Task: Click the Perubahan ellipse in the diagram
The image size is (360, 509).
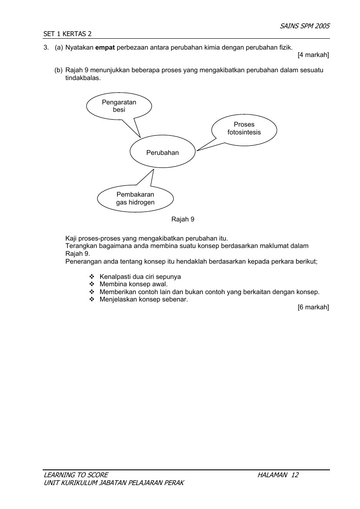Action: [x=162, y=153]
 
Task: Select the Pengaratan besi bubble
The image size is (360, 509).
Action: [x=119, y=106]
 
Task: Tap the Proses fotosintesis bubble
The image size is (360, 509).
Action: [x=244, y=128]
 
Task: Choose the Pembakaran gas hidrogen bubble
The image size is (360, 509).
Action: [x=135, y=198]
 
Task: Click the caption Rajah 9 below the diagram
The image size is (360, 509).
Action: [x=183, y=219]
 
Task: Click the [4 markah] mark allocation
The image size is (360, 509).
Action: [x=313, y=55]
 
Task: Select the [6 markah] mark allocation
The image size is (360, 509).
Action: [x=313, y=307]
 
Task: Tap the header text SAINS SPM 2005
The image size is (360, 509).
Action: [x=305, y=26]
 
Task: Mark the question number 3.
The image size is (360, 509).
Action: [x=46, y=47]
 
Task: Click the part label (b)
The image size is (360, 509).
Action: [x=58, y=70]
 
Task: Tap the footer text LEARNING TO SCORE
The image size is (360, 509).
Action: [x=76, y=475]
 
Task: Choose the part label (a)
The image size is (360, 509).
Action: [x=59, y=47]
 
